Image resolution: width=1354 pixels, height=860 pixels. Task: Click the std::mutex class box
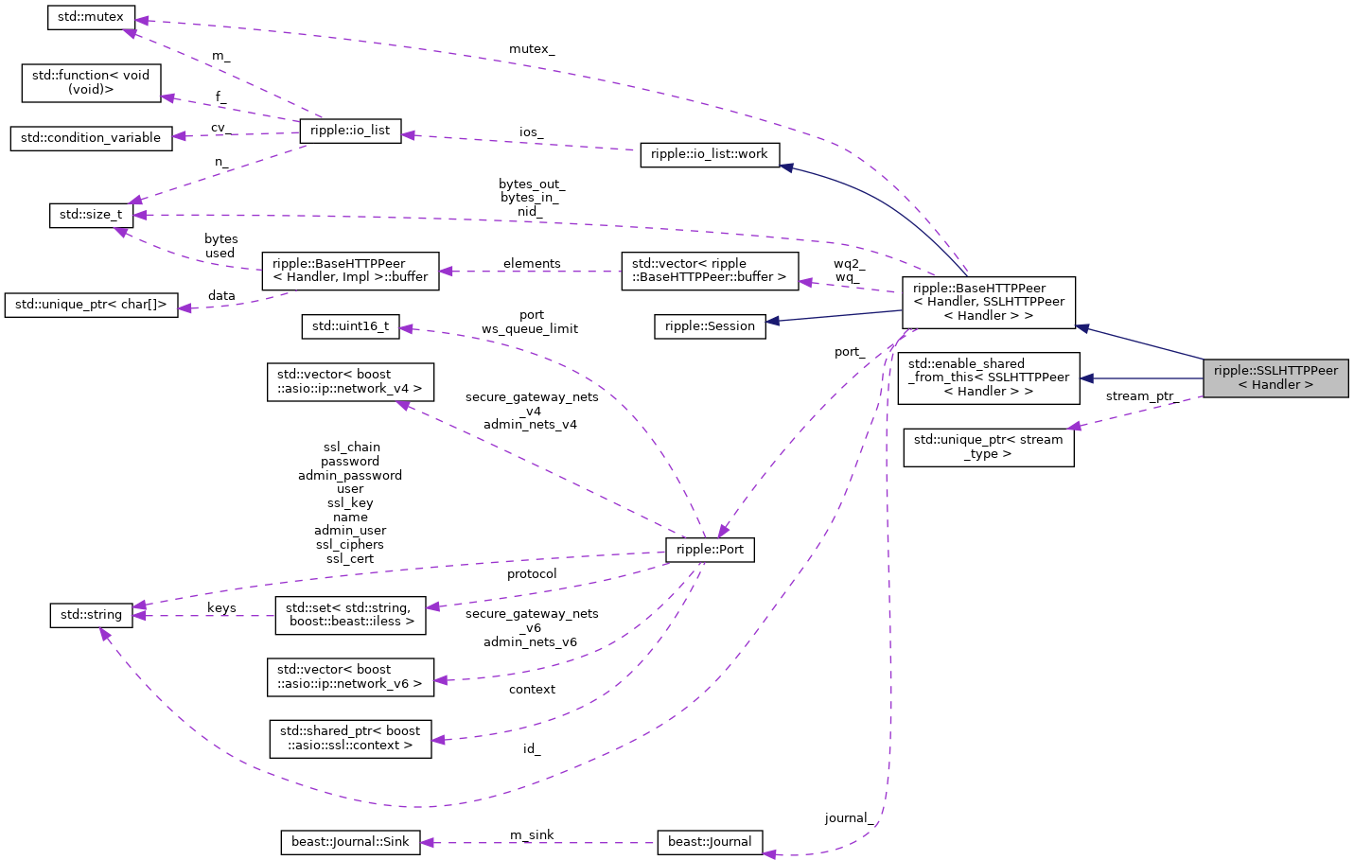(x=91, y=17)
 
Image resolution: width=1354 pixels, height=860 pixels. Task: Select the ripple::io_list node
(x=350, y=131)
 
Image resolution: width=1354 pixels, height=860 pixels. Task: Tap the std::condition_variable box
(x=91, y=138)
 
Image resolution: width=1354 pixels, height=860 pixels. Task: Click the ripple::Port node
(x=710, y=550)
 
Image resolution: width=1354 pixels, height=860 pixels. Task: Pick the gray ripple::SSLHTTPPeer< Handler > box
(x=1275, y=377)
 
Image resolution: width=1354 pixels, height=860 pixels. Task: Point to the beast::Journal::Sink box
(x=350, y=842)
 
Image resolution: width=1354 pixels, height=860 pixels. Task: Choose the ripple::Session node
(x=710, y=326)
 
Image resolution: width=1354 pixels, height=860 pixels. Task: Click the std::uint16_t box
(x=350, y=326)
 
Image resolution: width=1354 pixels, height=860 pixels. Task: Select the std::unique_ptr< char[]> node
(x=91, y=305)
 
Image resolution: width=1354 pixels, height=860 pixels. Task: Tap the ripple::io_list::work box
(x=710, y=154)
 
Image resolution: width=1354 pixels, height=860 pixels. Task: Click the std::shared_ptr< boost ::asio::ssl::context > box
(x=350, y=738)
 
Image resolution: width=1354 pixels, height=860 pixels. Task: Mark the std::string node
(x=91, y=615)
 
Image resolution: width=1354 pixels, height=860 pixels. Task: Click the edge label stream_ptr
(x=1139, y=396)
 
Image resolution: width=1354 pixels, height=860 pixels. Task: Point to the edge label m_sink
(x=532, y=834)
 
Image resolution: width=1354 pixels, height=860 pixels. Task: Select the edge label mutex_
(x=532, y=49)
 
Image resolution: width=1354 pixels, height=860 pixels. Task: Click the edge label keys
(x=221, y=608)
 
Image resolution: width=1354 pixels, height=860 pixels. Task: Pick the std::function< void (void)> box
(x=91, y=82)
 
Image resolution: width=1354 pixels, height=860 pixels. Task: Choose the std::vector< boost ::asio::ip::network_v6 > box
(x=350, y=676)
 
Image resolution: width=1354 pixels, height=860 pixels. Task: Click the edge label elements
(x=532, y=264)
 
